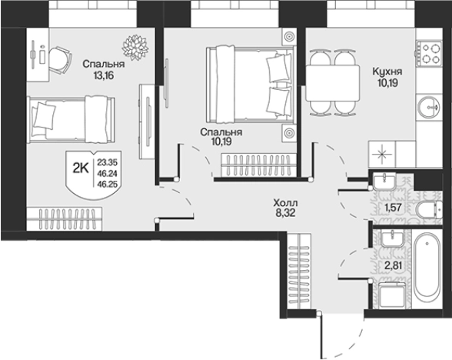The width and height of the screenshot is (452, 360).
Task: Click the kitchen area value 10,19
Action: tap(387, 83)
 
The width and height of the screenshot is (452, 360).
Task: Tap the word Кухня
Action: tap(387, 72)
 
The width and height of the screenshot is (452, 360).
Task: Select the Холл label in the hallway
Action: tap(286, 203)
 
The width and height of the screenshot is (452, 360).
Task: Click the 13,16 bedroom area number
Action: tap(104, 75)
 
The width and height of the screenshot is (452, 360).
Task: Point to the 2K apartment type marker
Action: tap(81, 168)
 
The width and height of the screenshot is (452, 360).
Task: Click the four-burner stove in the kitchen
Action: tap(428, 53)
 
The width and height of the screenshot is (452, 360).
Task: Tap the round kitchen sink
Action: tap(429, 108)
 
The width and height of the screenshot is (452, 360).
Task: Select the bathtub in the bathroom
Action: tap(427, 269)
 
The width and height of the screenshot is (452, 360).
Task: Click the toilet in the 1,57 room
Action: tap(430, 210)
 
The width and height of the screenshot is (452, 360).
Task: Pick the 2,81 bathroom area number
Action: tap(393, 265)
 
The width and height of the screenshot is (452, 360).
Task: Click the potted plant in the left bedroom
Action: tap(135, 48)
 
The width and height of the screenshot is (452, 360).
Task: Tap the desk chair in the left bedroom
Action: tap(60, 61)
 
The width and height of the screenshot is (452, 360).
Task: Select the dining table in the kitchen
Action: tap(332, 83)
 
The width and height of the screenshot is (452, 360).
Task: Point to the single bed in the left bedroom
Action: tap(71, 119)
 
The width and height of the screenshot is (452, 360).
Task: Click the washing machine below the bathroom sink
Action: tap(393, 295)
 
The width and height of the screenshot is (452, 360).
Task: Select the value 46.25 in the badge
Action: tap(108, 184)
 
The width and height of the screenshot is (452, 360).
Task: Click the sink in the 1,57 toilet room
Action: tap(384, 182)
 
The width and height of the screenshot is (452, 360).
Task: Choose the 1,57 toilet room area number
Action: tap(393, 207)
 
